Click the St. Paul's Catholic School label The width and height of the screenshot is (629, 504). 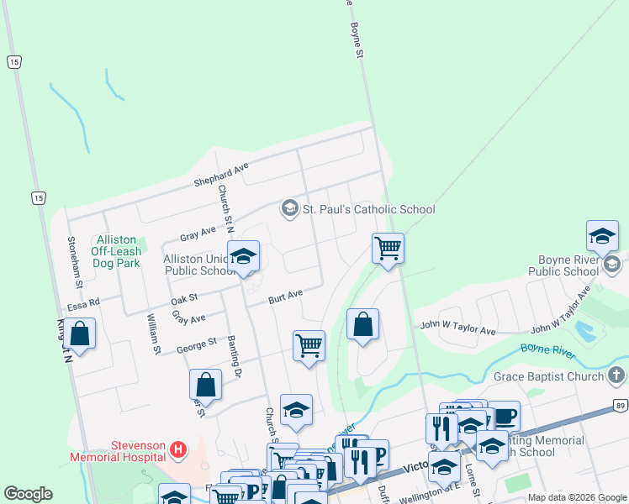point(369,209)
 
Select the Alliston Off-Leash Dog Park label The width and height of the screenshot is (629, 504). point(116,251)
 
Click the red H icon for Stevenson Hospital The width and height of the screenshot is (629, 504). point(177,450)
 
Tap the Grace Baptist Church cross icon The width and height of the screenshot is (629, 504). point(616,375)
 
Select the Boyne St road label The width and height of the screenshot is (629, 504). point(356,39)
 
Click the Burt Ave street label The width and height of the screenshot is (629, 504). point(285,297)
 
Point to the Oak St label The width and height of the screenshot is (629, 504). point(183,297)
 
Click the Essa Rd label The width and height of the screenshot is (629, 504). point(83,302)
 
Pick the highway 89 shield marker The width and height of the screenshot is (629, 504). point(621,407)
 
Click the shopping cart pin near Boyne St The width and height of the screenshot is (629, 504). point(388,248)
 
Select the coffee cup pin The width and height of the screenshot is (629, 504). point(505,417)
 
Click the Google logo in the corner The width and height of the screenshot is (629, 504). point(28,494)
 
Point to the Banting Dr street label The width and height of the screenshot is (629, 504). point(235,358)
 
